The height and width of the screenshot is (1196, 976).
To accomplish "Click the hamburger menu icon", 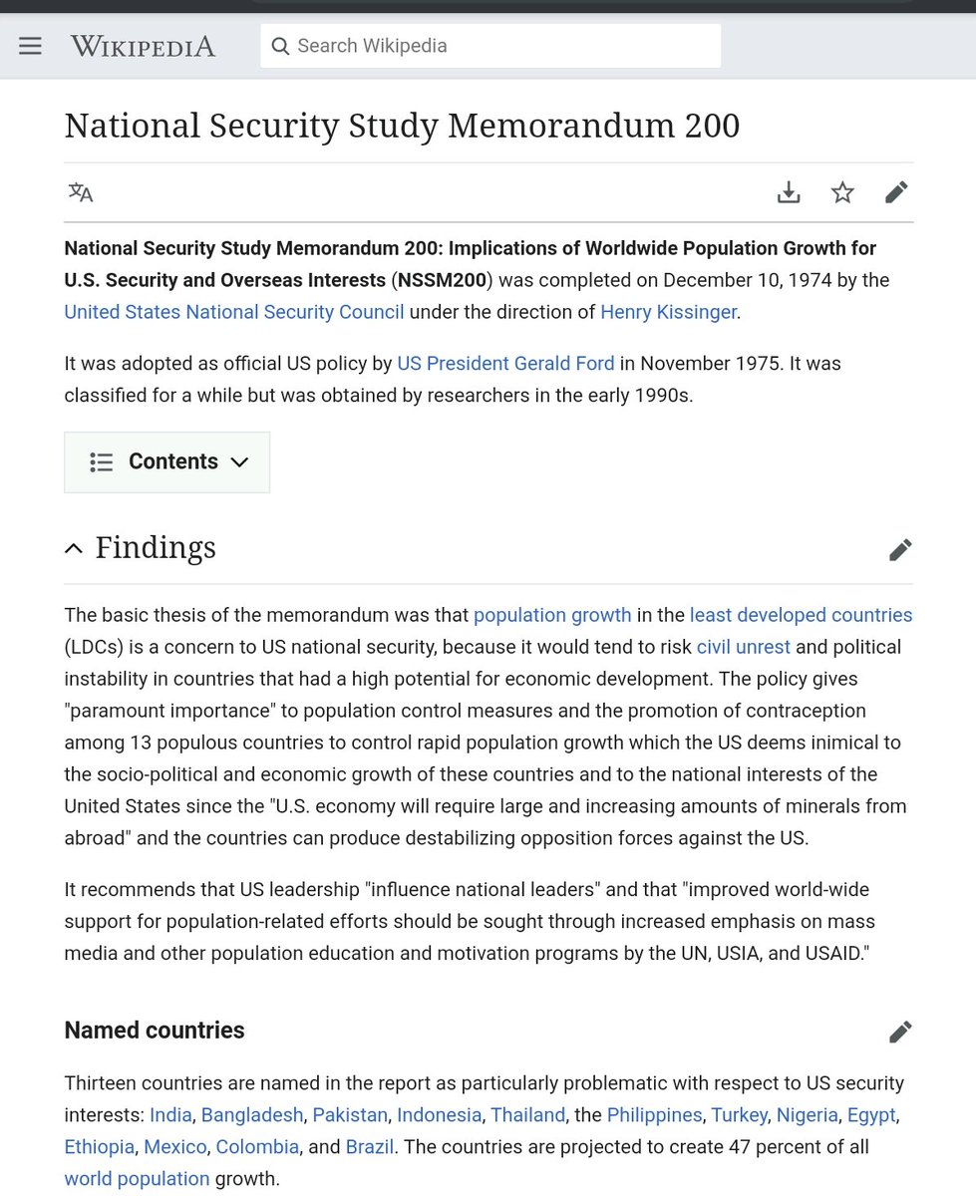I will click(x=31, y=46).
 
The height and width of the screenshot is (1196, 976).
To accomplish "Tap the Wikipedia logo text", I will click(x=143, y=46).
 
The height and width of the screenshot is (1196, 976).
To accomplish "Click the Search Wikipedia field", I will click(x=490, y=46).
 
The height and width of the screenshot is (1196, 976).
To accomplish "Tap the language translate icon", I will click(x=81, y=192).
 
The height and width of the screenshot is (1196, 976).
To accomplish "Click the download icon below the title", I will click(x=789, y=192).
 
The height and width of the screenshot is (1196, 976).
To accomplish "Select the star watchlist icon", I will click(x=842, y=192).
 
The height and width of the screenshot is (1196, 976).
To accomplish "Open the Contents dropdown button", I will click(x=167, y=461).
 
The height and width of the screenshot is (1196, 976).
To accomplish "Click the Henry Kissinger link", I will click(x=668, y=312).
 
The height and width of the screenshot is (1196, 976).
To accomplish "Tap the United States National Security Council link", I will click(x=234, y=312).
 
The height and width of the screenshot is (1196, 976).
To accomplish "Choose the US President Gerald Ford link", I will click(x=505, y=364).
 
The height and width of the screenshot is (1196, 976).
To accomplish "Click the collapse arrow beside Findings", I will click(x=74, y=548).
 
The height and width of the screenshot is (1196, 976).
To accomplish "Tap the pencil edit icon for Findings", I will click(x=900, y=549).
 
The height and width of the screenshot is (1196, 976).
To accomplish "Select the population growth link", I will click(x=552, y=615).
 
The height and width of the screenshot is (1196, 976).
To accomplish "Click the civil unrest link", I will click(x=743, y=647).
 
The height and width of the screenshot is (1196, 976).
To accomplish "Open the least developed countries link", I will click(x=801, y=615).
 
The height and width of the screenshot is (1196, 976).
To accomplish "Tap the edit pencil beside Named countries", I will click(x=900, y=1032).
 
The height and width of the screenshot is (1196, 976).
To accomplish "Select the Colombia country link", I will click(x=257, y=1146).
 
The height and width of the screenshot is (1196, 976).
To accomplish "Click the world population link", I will click(x=137, y=1179).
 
